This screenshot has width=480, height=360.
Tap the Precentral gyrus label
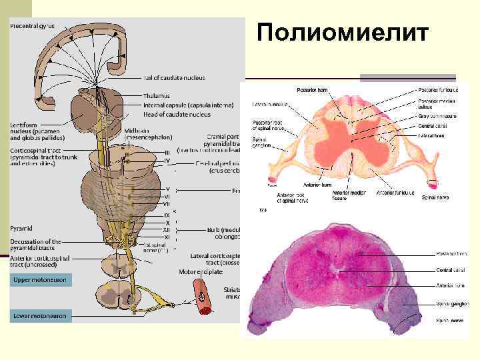tap(32, 26)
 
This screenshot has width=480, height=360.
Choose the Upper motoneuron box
tap(40, 280)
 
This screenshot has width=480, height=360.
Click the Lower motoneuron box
tap(40, 315)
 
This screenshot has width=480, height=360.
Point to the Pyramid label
tap(23, 228)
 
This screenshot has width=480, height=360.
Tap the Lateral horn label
tap(432, 135)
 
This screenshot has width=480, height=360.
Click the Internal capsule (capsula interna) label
tap(189, 105)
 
